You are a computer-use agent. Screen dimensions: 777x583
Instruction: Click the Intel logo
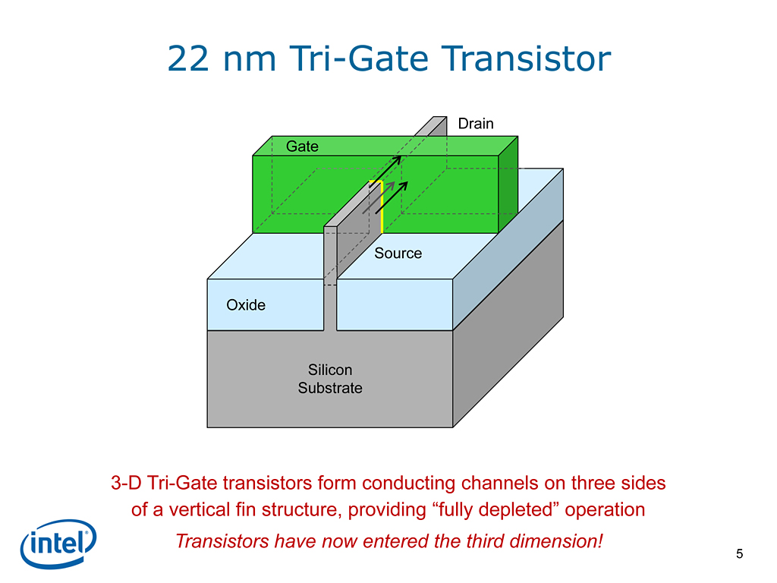point(58,544)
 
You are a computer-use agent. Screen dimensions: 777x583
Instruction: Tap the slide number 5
point(739,553)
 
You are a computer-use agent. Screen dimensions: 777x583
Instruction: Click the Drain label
point(476,124)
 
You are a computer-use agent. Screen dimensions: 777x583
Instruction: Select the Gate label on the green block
point(302,147)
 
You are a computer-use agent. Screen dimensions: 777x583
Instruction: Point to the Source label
point(398,254)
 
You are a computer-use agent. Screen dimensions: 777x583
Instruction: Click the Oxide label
point(246,305)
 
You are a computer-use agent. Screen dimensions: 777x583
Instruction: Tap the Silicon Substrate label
point(330,379)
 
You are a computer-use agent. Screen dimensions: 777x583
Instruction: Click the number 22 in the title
point(188,59)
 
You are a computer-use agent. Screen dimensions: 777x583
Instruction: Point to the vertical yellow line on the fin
point(382,207)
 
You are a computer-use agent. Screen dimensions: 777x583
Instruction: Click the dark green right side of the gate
point(508,184)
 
